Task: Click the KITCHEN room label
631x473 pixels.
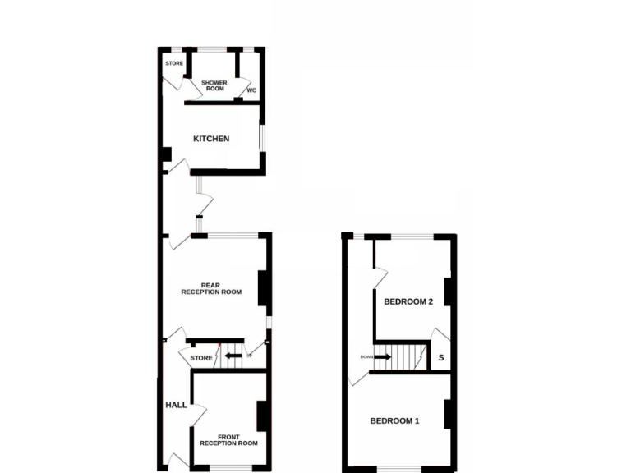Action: point(211,139)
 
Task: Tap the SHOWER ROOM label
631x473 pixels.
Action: point(214,85)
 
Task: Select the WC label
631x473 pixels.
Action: point(251,90)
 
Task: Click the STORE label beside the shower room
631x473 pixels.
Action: point(174,63)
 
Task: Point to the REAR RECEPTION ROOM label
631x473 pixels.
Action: point(211,288)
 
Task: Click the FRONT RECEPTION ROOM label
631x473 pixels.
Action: point(228,440)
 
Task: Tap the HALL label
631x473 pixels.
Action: point(177,406)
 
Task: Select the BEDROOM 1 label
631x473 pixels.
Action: point(394,421)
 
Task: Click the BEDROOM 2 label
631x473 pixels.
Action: point(408,301)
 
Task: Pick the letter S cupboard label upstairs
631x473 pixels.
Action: point(441,358)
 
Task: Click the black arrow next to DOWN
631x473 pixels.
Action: point(382,357)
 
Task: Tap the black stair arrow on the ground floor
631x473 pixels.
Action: point(233,356)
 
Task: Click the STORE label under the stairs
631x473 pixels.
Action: point(201,358)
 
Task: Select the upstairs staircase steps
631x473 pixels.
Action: point(408,357)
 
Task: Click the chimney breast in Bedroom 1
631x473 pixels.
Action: point(449,414)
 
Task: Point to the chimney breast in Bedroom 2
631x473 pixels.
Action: point(449,292)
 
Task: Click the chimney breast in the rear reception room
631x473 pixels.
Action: point(265,287)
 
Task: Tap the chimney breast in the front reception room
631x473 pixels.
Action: point(263,416)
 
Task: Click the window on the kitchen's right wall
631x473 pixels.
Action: point(263,138)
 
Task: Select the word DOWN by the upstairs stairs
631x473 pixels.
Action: point(366,357)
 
